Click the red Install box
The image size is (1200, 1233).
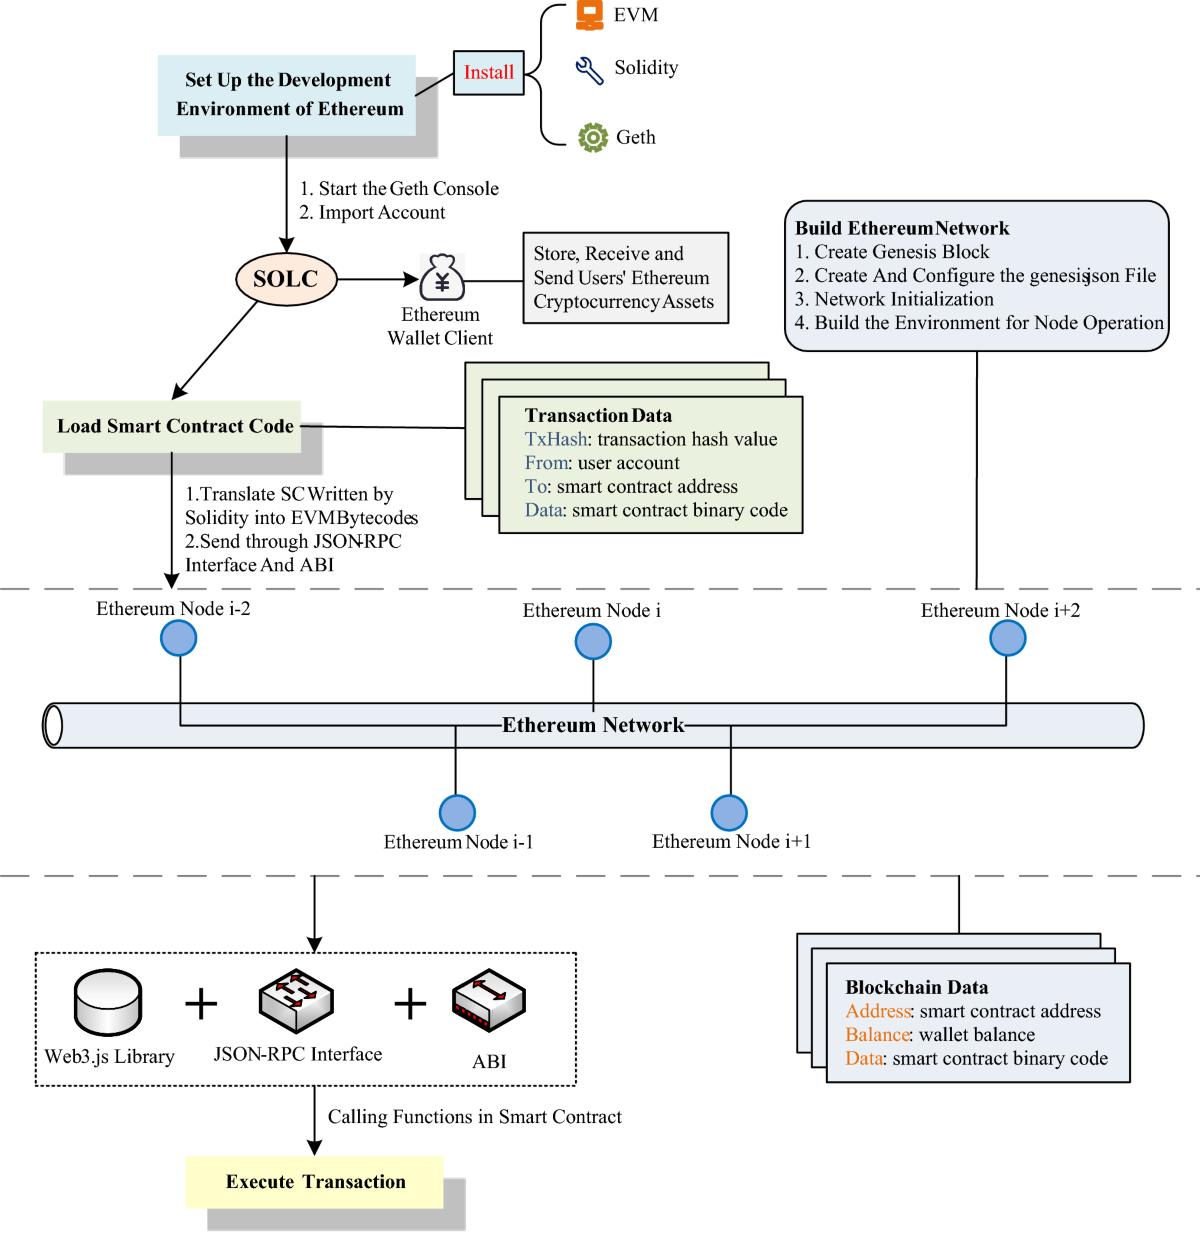coord(488,73)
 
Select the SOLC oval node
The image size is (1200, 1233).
coord(286,279)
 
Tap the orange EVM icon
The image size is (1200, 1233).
coord(590,15)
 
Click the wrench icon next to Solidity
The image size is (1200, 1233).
coord(589,69)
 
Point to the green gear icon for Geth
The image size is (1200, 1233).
coord(593,137)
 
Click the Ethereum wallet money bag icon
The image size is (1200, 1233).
coord(442,278)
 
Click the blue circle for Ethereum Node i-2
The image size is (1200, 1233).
coord(179,638)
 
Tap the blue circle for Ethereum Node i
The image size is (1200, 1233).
coord(593,642)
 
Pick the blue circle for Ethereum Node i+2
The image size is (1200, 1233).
coord(1008,638)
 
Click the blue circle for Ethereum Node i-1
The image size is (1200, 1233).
coord(457,813)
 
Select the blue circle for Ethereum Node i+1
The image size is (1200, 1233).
coord(729,813)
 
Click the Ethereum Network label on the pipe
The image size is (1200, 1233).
coord(593,725)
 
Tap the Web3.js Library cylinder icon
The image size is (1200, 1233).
coord(108,1002)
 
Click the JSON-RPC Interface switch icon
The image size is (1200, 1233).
coord(296,1000)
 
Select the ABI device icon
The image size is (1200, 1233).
coord(489,1000)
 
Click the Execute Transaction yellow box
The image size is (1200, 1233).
coord(314,1182)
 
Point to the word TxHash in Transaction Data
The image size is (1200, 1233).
coord(556,439)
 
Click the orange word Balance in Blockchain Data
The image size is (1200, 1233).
coord(877,1035)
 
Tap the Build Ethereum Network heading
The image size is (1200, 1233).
coord(902,228)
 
